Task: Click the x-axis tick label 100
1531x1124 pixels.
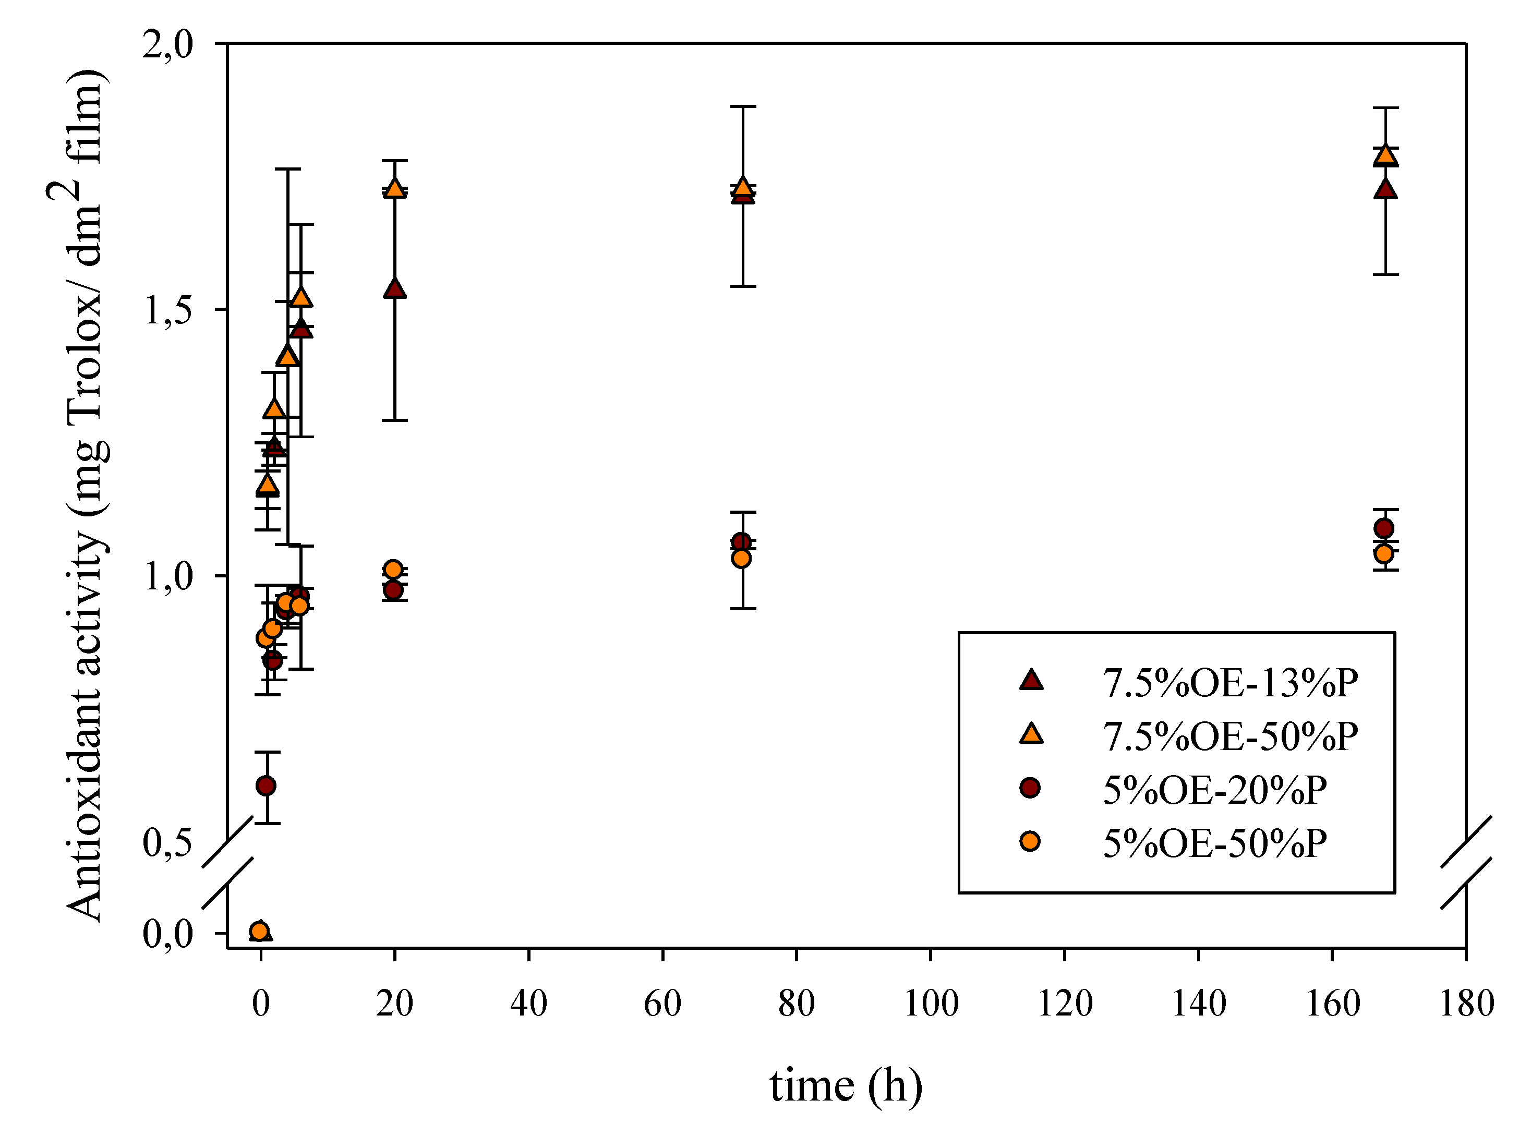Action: (x=931, y=1004)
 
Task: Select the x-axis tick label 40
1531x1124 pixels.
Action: (x=529, y=1004)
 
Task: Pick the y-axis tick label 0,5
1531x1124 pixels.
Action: (x=168, y=843)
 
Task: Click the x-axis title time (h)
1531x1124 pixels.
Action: (x=846, y=1085)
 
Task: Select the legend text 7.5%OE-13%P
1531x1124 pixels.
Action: (x=1229, y=683)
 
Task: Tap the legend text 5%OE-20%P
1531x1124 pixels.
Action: (x=1214, y=791)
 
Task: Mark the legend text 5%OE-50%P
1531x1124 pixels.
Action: (x=1214, y=844)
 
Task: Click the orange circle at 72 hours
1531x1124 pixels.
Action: (x=741, y=559)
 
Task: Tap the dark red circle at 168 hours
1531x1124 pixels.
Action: (x=1383, y=528)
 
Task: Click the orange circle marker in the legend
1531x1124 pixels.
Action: (x=1030, y=842)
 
